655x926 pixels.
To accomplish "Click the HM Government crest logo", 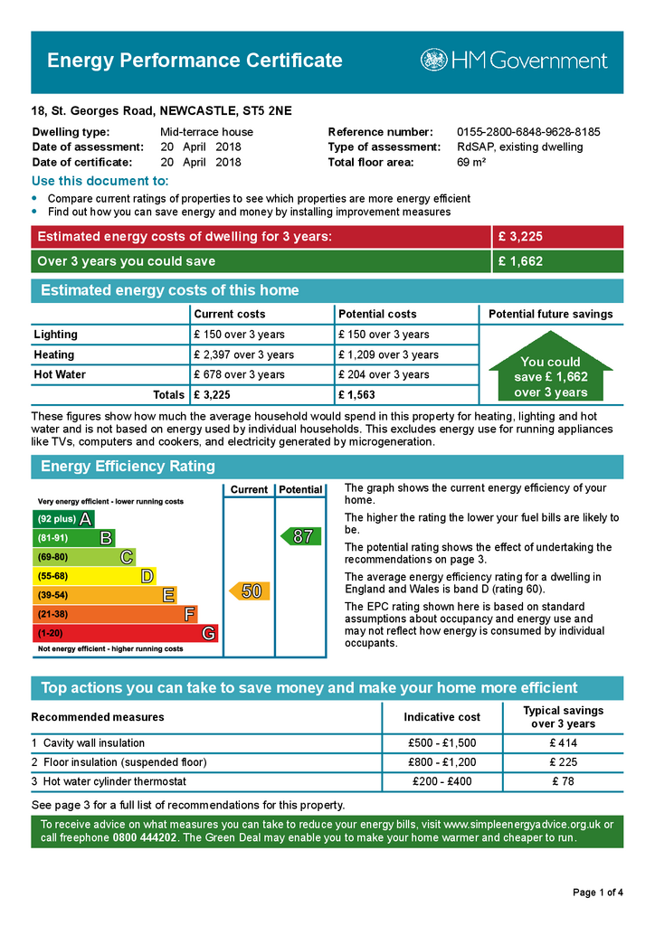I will click(434, 61).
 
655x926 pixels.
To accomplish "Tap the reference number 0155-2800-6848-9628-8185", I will click(528, 132).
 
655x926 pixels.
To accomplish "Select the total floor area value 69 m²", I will click(471, 163).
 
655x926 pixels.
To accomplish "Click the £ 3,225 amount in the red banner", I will click(520, 237).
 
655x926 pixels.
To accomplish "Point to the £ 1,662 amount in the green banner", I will click(520, 262).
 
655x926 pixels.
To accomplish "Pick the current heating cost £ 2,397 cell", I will click(243, 355).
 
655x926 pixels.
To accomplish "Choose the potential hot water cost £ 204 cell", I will click(384, 375).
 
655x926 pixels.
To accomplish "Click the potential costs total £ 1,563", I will click(356, 395).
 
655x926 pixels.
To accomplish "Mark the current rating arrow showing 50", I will click(248, 591).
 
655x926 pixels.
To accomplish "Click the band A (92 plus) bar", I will click(62, 519).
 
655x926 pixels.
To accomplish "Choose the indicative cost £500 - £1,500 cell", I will click(441, 743).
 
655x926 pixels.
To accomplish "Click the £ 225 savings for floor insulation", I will click(563, 762).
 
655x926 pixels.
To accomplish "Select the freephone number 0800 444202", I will click(146, 838).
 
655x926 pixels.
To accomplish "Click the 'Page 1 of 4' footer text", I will click(597, 893).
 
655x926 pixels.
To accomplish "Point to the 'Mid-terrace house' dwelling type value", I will click(206, 132).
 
